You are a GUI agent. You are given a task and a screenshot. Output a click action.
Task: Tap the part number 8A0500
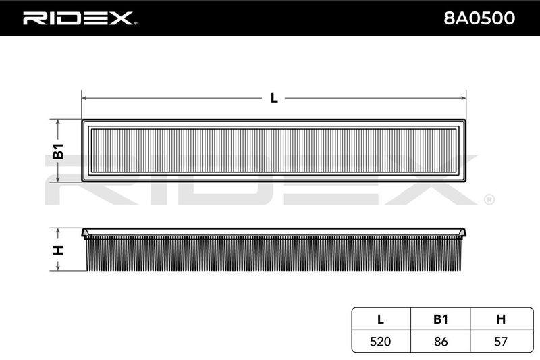pyautogui.click(x=479, y=18)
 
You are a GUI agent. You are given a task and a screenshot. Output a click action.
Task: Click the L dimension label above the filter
pyautogui.click(x=274, y=98)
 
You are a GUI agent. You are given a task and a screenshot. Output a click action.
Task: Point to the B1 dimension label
pyautogui.click(x=58, y=151)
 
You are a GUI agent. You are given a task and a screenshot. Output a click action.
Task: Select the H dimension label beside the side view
pyautogui.click(x=58, y=250)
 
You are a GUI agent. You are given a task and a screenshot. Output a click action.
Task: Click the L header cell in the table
pyautogui.click(x=381, y=319)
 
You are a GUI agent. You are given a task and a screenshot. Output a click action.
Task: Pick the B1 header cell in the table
pyautogui.click(x=441, y=319)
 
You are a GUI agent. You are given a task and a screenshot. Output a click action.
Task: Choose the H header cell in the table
pyautogui.click(x=501, y=319)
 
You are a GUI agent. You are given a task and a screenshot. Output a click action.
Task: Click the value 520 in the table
pyautogui.click(x=381, y=341)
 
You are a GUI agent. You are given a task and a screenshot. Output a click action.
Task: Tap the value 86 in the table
pyautogui.click(x=441, y=341)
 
